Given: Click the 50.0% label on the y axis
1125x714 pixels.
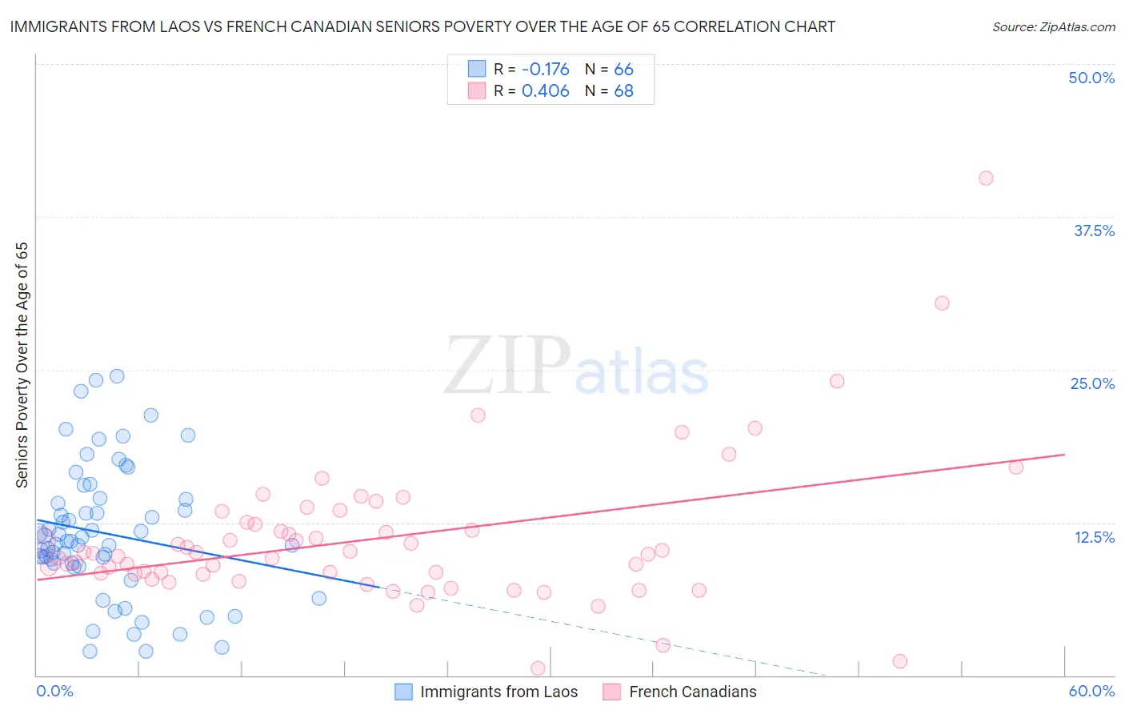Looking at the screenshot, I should [x=1091, y=78].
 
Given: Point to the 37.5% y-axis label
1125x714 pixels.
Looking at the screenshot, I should [x=1094, y=231].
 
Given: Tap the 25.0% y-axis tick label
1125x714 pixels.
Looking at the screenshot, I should [x=1092, y=383].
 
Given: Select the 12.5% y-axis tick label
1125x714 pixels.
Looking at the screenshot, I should [x=1094, y=537].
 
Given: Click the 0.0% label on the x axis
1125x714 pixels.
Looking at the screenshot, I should [x=54, y=691].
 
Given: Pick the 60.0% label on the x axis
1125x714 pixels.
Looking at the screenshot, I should [x=1091, y=691].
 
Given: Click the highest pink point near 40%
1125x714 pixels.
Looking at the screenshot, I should [x=986, y=178].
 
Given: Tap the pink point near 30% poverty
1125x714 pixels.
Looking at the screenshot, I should [x=942, y=303].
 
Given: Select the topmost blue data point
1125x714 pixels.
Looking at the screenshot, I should [x=117, y=375].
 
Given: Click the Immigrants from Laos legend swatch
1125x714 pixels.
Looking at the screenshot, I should [x=404, y=692].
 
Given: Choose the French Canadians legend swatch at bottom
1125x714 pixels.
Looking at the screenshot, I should [x=612, y=692].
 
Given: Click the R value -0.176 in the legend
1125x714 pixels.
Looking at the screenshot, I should [x=546, y=69].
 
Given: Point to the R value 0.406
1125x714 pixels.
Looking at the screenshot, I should [x=546, y=91].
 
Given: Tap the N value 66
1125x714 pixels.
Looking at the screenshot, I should [x=623, y=69].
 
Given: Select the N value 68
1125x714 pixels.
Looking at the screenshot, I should [x=623, y=91].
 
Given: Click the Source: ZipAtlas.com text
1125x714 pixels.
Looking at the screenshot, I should [x=1053, y=26].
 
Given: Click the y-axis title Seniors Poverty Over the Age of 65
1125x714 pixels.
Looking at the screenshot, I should [x=22, y=364].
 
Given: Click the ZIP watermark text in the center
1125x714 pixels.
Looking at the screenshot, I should [x=507, y=367].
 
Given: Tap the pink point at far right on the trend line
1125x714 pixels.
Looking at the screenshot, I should [x=1016, y=467].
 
